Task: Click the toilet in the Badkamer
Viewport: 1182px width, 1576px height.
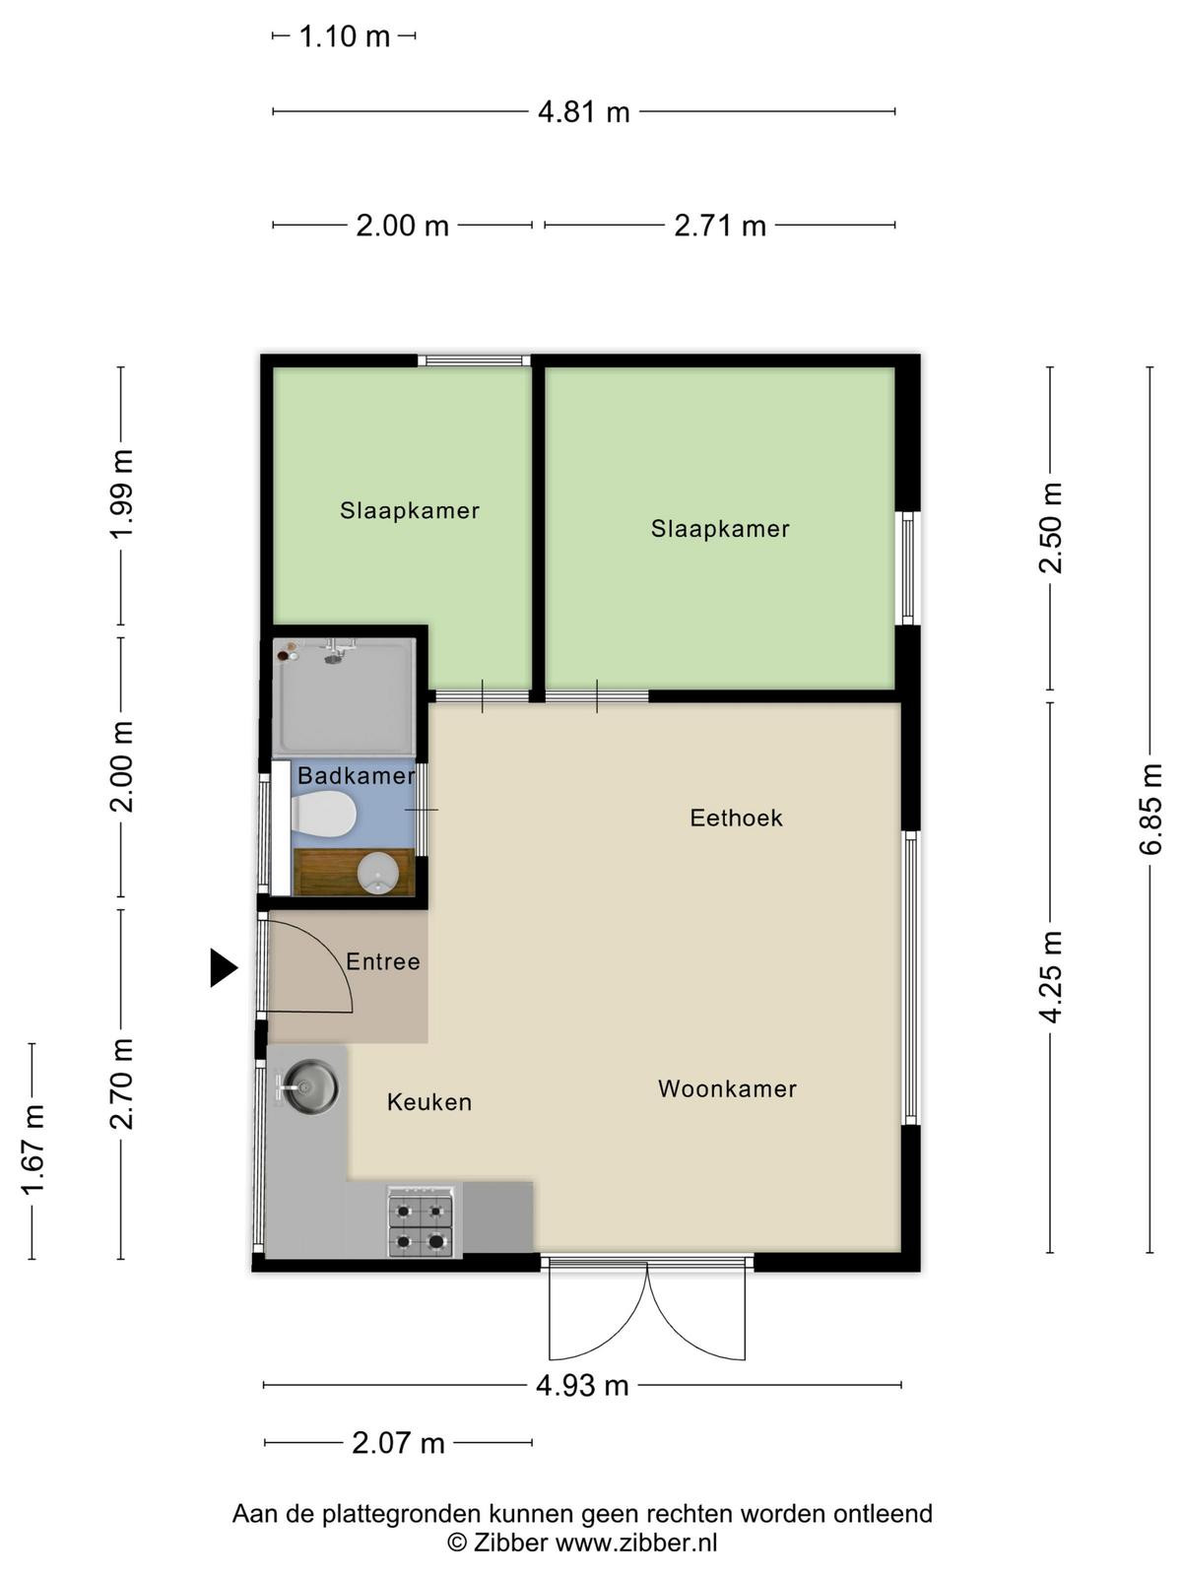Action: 324,814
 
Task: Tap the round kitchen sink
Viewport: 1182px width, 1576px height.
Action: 310,1086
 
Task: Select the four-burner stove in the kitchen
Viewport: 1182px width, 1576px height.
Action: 421,1222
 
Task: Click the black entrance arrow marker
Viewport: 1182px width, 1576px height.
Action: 224,968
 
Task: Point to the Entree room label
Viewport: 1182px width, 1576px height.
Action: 382,961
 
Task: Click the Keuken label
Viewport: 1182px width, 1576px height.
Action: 429,1102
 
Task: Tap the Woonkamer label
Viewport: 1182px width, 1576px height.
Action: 727,1088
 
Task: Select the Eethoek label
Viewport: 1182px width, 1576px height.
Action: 737,818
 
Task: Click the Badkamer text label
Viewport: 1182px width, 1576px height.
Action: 356,775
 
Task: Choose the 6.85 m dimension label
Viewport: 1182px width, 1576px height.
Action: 1149,810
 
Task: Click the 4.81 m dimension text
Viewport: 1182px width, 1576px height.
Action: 584,112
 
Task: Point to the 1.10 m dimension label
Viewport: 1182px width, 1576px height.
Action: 345,35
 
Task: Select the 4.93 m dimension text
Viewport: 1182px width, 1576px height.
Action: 582,1386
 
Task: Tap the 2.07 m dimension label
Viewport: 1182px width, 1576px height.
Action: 398,1442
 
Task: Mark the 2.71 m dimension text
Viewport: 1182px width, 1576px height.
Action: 720,226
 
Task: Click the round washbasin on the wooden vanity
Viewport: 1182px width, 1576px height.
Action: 378,873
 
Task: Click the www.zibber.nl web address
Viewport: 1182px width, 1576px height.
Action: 636,1543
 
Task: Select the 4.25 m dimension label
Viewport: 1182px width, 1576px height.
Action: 1051,976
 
